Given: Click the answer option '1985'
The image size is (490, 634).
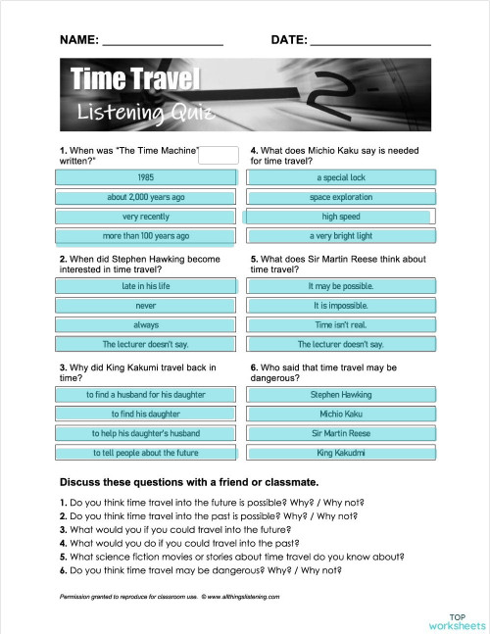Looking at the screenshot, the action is [x=146, y=177].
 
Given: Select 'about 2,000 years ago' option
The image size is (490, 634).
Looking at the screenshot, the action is [x=146, y=197].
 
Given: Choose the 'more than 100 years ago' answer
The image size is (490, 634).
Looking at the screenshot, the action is [x=146, y=236].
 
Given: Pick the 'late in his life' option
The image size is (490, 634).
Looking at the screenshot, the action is [x=146, y=286].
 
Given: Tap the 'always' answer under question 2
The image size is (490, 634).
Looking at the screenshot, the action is [x=146, y=324].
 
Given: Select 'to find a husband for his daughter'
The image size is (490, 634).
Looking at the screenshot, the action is [x=146, y=394].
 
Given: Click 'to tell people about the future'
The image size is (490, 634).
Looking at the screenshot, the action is [x=146, y=453].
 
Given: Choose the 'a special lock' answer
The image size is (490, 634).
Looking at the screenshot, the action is [x=341, y=177].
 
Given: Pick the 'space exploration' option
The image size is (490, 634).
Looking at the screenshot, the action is [x=341, y=197].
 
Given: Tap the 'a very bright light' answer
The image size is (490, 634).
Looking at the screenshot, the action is [x=341, y=236].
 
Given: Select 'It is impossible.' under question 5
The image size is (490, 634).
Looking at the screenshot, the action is [x=341, y=306].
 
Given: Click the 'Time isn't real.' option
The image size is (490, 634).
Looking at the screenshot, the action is [x=341, y=324].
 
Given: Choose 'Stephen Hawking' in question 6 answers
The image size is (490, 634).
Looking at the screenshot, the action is [x=341, y=394].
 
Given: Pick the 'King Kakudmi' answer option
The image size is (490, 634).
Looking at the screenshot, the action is [x=341, y=453].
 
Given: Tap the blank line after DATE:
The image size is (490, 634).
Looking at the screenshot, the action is [x=369, y=42].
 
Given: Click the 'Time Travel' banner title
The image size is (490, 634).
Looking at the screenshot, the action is [x=134, y=79].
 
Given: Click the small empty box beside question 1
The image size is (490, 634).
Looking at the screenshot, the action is [x=219, y=154].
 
